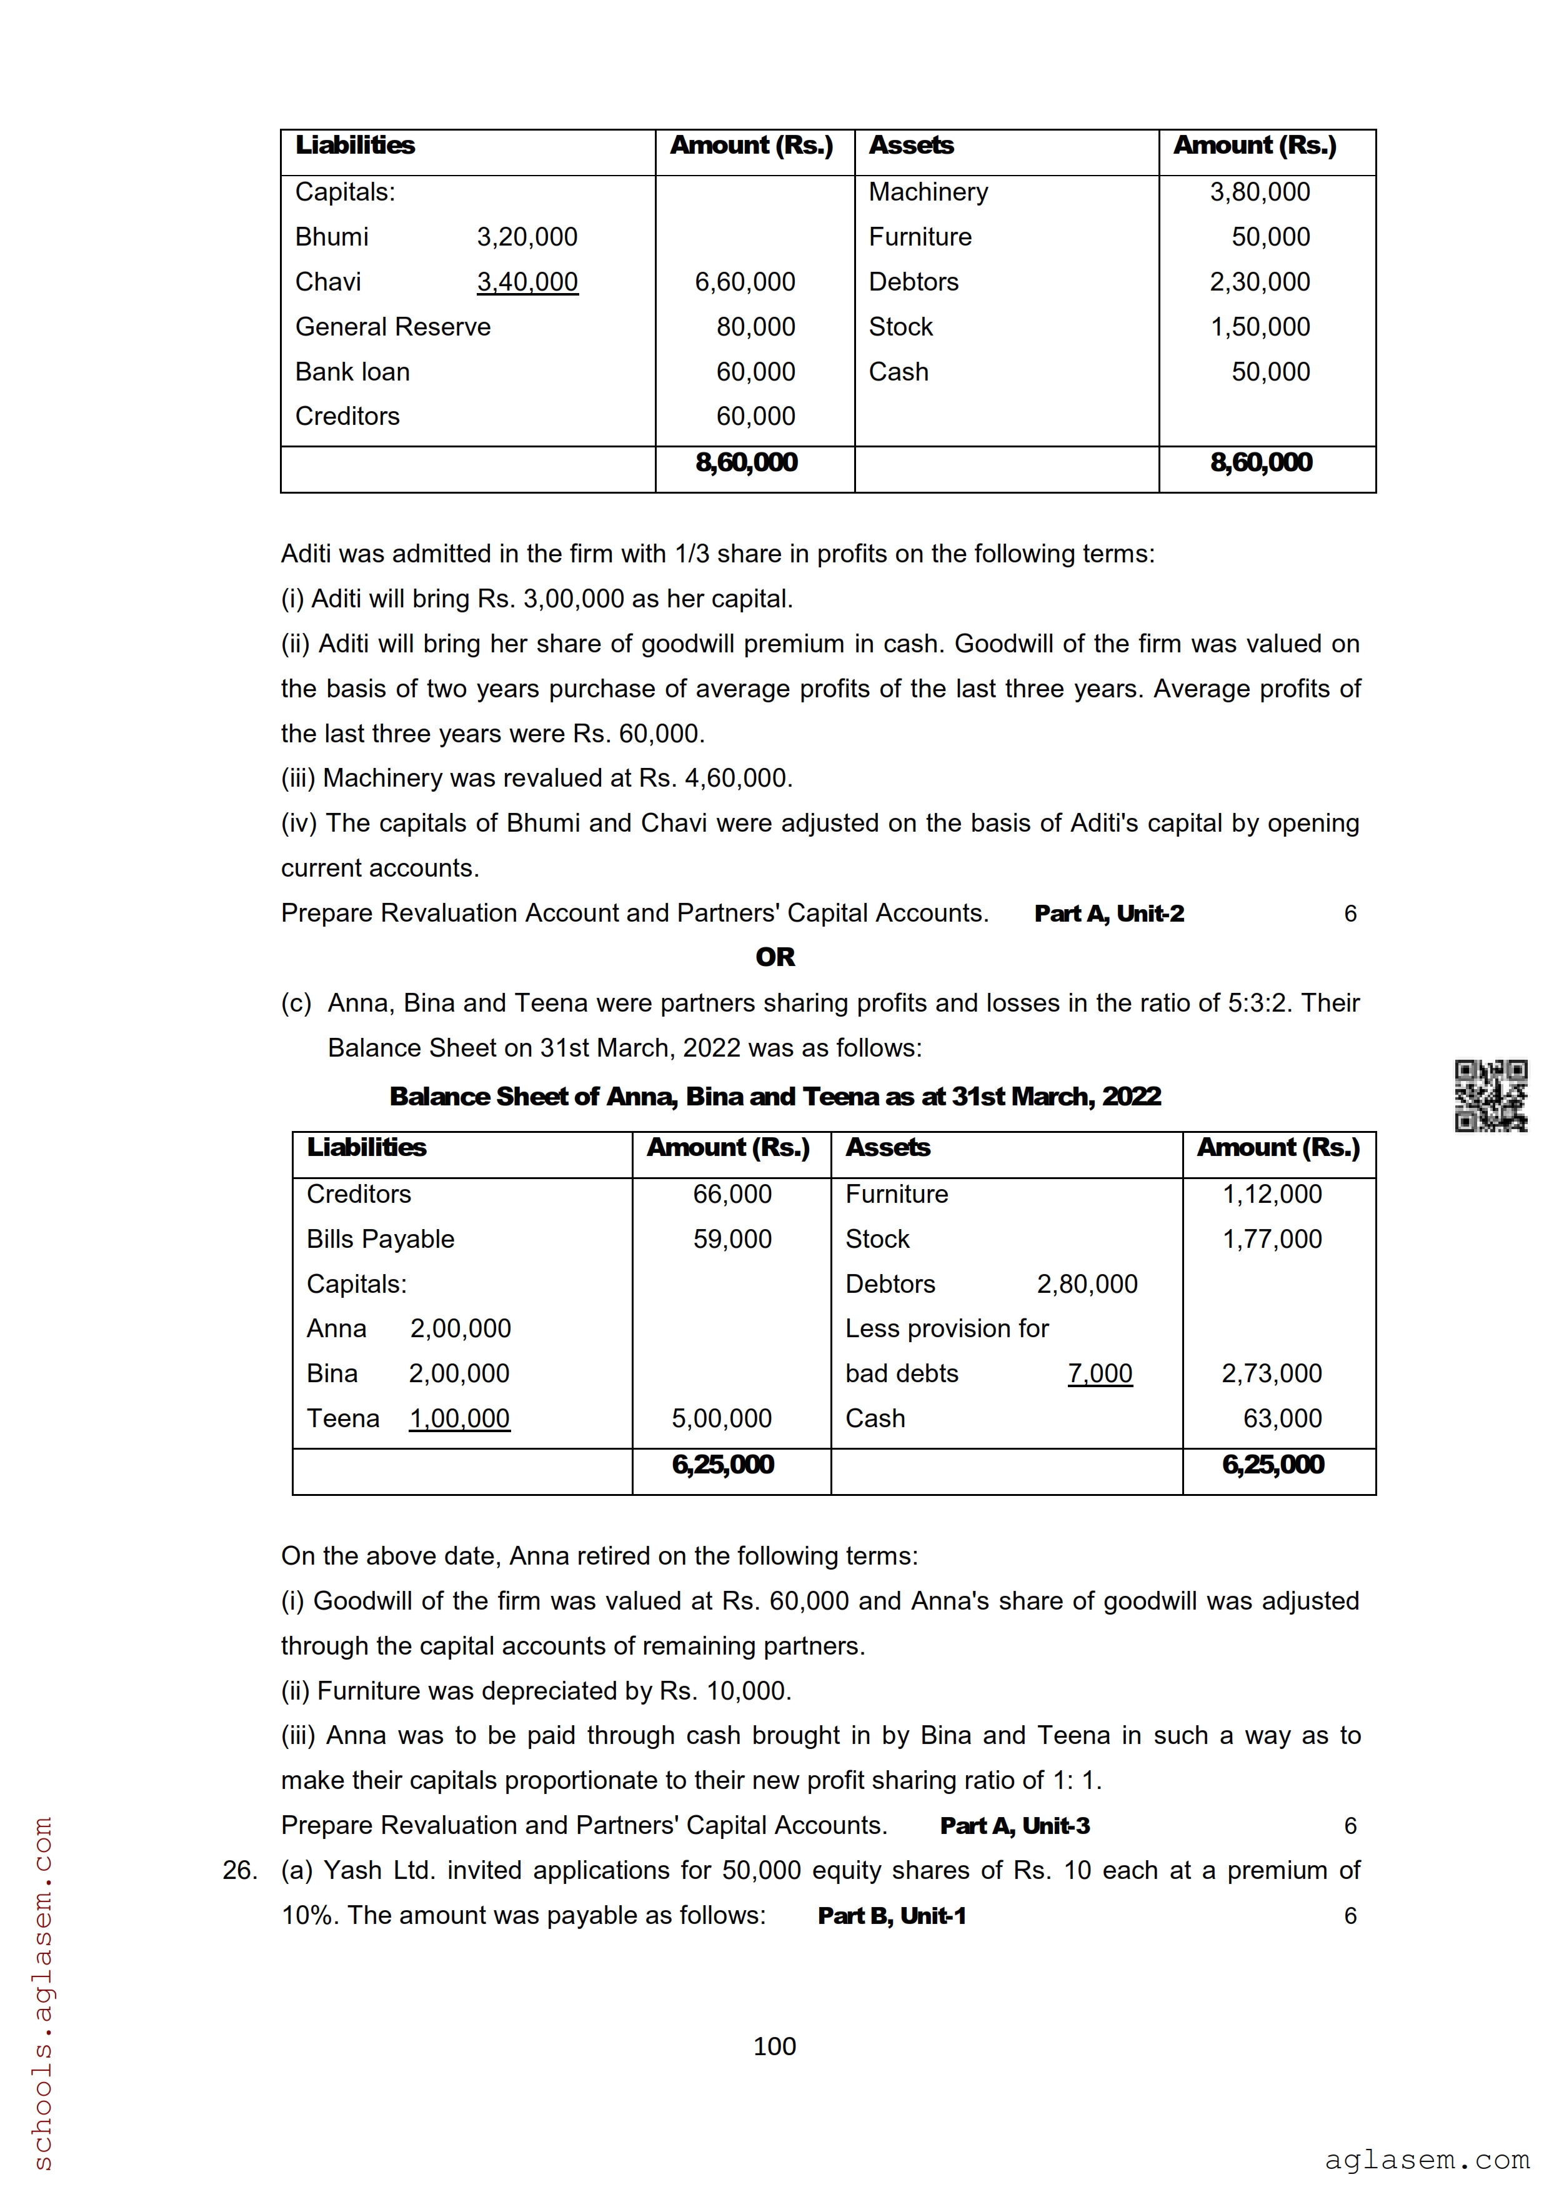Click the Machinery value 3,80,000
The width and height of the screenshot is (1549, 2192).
pyautogui.click(x=1259, y=192)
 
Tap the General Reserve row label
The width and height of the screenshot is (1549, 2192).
pyautogui.click(x=392, y=327)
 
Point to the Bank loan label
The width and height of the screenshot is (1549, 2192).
pyautogui.click(x=352, y=371)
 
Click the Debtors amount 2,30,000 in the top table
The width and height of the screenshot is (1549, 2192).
pyautogui.click(x=1259, y=282)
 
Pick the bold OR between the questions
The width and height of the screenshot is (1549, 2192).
pyautogui.click(x=774, y=957)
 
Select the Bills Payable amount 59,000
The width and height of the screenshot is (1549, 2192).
pyautogui.click(x=732, y=1238)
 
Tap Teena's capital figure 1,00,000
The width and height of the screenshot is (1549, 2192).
pyautogui.click(x=459, y=1418)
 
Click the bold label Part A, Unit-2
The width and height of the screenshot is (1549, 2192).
pyautogui.click(x=1109, y=914)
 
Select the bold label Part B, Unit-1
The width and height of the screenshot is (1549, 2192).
pyautogui.click(x=892, y=1915)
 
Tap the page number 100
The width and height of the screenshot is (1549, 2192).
pyautogui.click(x=774, y=2046)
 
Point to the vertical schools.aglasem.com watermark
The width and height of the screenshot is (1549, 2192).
pyautogui.click(x=43, y=1991)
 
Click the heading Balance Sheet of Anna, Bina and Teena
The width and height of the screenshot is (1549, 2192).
pyautogui.click(x=774, y=1096)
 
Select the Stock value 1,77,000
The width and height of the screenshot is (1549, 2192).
pyautogui.click(x=1272, y=1238)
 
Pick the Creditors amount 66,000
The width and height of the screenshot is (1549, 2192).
pyautogui.click(x=732, y=1193)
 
